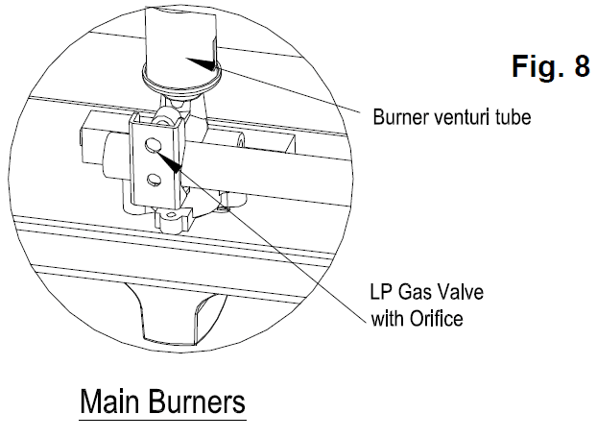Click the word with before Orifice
click(x=387, y=318)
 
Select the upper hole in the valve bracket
click(x=153, y=145)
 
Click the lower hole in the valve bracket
click(x=153, y=178)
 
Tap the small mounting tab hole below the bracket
click(x=172, y=222)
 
